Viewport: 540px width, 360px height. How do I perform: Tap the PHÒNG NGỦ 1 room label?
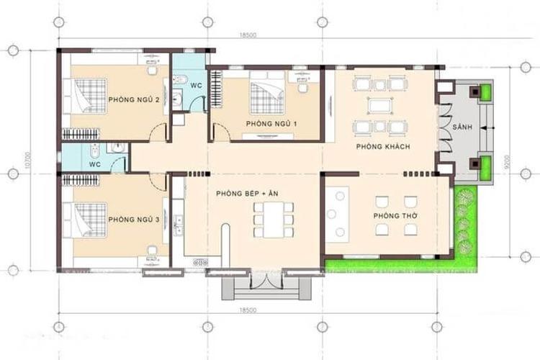pos(271,124)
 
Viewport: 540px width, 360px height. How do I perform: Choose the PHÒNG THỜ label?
pos(392,216)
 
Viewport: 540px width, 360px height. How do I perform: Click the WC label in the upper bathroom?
pos(195,85)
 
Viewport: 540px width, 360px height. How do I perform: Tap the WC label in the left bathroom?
pos(94,163)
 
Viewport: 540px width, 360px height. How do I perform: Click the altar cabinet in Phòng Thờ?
pos(337,212)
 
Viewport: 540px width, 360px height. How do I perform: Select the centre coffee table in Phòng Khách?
pos(379,106)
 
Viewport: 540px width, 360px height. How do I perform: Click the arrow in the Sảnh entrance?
pos(485,127)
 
